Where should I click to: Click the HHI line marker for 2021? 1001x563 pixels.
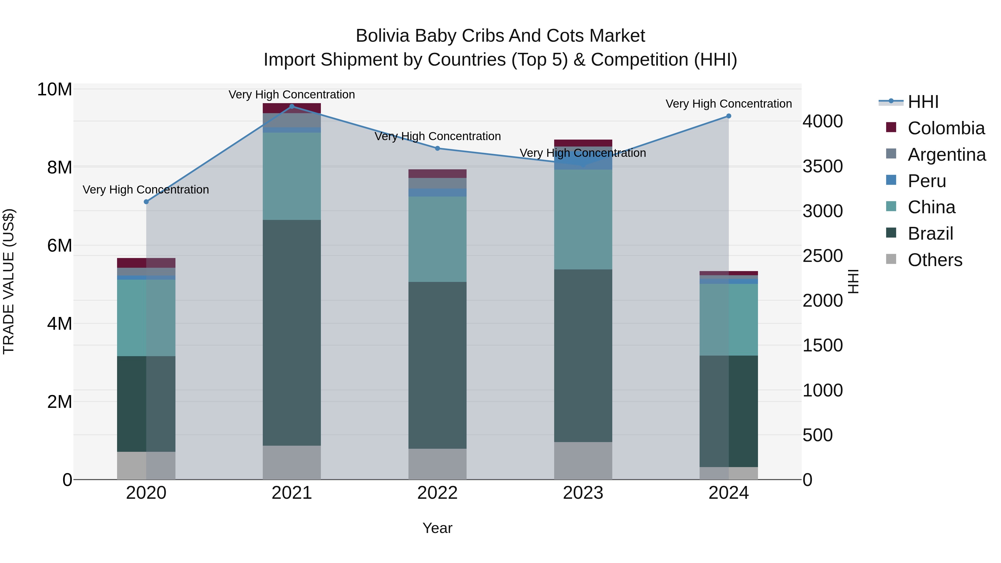click(292, 106)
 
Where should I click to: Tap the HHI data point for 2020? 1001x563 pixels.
click(146, 202)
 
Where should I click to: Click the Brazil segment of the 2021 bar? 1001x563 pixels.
click(292, 333)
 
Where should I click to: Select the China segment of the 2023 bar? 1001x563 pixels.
click(583, 220)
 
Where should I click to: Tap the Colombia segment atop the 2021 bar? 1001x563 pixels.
click(292, 108)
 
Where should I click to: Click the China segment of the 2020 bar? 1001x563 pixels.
click(146, 318)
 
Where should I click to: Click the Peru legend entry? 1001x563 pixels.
click(926, 181)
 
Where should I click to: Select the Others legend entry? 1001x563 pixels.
click(935, 260)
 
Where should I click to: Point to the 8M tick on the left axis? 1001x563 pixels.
click(60, 167)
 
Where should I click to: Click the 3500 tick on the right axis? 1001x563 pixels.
click(823, 166)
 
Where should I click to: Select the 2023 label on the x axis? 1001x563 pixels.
click(583, 493)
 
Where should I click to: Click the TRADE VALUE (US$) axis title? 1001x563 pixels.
click(9, 281)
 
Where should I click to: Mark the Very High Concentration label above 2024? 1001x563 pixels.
click(729, 104)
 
